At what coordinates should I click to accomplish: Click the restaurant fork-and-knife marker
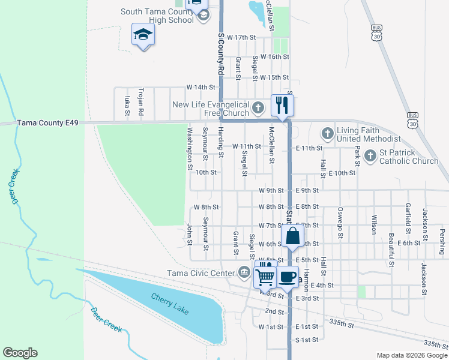[282, 106]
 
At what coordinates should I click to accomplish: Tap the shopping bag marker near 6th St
[292, 235]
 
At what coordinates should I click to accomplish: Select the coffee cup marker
[287, 277]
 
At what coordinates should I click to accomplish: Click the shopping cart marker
[266, 277]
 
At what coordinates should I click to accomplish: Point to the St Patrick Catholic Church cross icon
[370, 156]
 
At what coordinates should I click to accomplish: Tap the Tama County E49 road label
[40, 122]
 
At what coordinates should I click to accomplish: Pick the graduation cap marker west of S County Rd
[143, 35]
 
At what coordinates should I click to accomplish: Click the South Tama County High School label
[157, 16]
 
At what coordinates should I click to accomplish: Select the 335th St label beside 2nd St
[342, 323]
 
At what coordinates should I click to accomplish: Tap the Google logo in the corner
[20, 353]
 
